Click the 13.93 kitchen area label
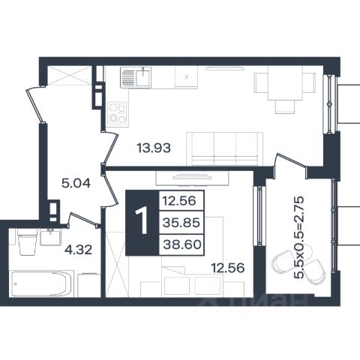coord(154,148)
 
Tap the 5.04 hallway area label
coord(76,184)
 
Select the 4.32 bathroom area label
coord(78,250)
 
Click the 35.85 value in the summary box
coord(181,222)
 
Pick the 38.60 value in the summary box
coord(182,244)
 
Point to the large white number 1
coord(142,221)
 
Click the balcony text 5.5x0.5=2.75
coord(299,237)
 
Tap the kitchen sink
coord(136,77)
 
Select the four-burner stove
coord(117,113)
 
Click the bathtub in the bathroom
coord(40,284)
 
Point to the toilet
coord(28,241)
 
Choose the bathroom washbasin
coord(50,237)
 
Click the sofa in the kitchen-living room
coord(225,148)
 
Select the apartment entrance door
coord(35,104)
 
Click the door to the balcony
coord(291,162)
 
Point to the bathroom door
coord(83,220)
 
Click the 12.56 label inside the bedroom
coord(228,268)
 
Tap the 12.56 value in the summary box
coord(179,200)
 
